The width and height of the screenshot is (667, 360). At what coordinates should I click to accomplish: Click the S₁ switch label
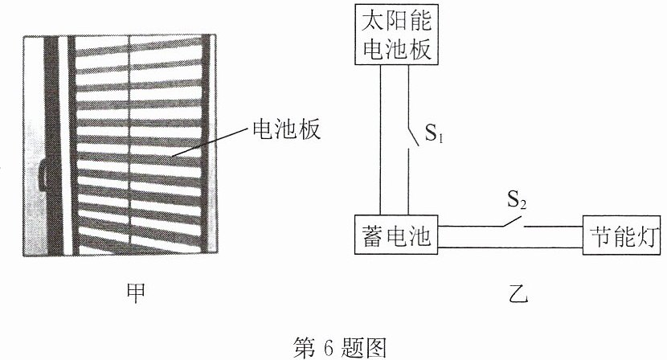point(434,133)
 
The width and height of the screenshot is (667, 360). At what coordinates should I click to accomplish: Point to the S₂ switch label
point(517,199)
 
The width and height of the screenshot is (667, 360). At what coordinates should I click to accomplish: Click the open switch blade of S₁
point(413,136)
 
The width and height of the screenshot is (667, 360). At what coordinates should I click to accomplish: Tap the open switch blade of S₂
point(513,222)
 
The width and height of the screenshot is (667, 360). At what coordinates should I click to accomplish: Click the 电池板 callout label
point(286,129)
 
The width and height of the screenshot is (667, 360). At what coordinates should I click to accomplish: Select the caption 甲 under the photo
point(137,293)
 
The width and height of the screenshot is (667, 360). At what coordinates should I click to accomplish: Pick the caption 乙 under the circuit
point(518,292)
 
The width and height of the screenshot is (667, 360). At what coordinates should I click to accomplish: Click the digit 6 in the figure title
point(329,348)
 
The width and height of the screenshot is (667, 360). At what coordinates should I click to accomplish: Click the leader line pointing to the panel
point(210,141)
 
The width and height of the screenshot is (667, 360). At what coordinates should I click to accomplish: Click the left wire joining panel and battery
point(380,140)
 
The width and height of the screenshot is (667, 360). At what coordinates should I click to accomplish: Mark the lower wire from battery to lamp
point(510,247)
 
